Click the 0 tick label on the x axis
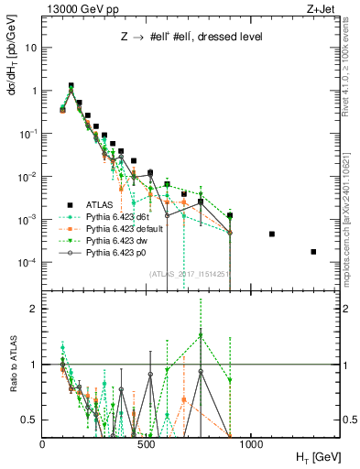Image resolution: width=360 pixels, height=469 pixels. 42,442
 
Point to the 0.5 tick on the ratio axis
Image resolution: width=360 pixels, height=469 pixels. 29,420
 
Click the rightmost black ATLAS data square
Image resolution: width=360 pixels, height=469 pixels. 313,252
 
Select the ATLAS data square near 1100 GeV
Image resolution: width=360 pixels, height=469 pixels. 272,234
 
